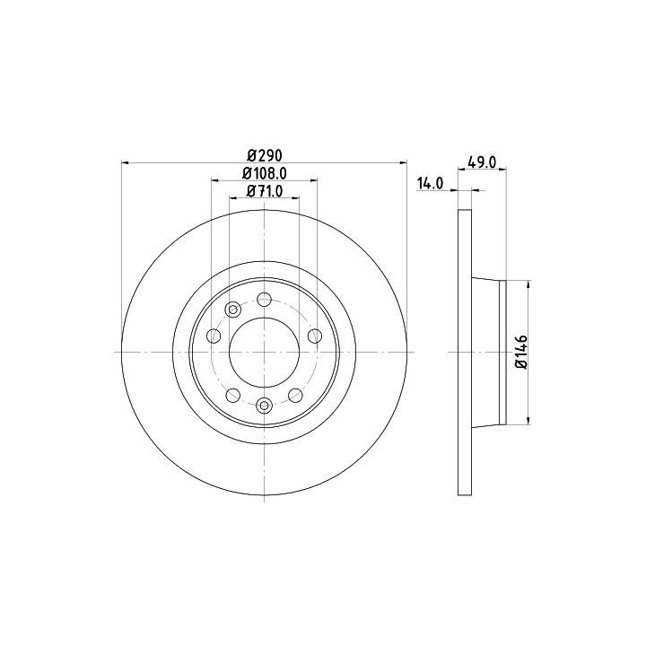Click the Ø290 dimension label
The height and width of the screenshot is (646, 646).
point(265,156)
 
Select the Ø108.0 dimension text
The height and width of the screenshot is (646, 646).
point(265,173)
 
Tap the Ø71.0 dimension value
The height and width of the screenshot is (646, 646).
point(265,191)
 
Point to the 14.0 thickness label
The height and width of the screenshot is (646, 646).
point(430,183)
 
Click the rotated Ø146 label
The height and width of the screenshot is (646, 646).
point(521,353)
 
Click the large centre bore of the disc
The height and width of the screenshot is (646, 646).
point(264,353)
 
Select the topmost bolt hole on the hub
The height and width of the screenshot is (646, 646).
point(264,299)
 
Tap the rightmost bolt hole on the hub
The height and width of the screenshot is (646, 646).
point(315,336)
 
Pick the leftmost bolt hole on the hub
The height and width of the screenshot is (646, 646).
point(214,336)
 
